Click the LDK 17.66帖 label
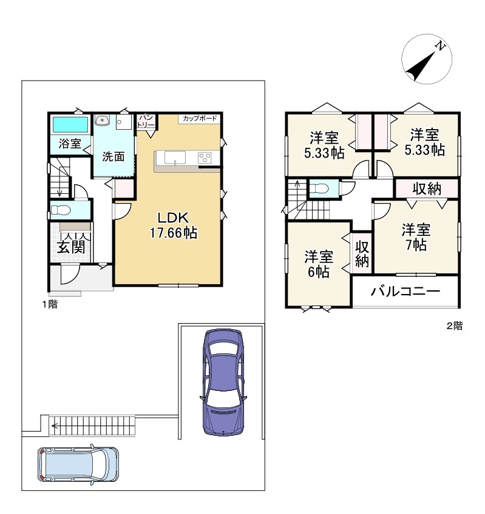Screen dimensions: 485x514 pyautogui.click(x=174, y=225)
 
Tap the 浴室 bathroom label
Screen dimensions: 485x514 pyautogui.click(x=70, y=143)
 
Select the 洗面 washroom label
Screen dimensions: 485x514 pyautogui.click(x=114, y=156)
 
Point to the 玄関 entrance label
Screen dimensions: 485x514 pyautogui.click(x=71, y=247)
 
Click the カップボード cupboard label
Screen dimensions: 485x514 pyautogui.click(x=200, y=118)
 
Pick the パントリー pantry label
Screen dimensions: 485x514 pyautogui.click(x=146, y=121)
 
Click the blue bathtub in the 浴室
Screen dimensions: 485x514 pyautogui.click(x=70, y=125)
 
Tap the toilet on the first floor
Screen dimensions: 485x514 pyautogui.click(x=61, y=210)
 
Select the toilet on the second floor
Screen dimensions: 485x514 pyautogui.click(x=319, y=189)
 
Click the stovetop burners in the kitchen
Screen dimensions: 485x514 pyautogui.click(x=205, y=158)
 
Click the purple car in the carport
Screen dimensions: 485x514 pyautogui.click(x=223, y=382)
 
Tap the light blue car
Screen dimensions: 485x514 pyautogui.click(x=78, y=464)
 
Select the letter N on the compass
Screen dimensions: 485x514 pyautogui.click(x=440, y=46)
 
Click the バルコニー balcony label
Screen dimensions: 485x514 pyautogui.click(x=405, y=291)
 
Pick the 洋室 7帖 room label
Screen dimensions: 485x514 pyautogui.click(x=416, y=237)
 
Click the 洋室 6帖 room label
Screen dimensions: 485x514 pyautogui.click(x=319, y=264)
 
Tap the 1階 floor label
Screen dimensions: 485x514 pyautogui.click(x=50, y=304)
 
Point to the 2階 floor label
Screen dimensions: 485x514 pyautogui.click(x=455, y=326)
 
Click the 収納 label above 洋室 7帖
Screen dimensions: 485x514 pyautogui.click(x=427, y=189)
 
